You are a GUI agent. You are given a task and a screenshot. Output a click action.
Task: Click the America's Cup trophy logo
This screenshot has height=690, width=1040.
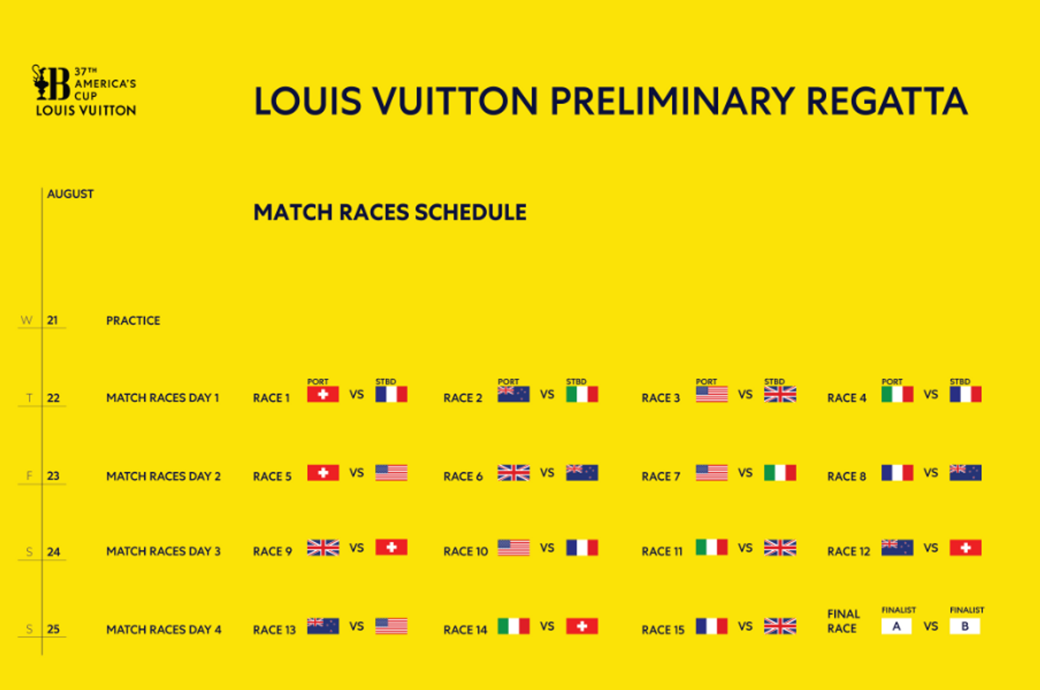point(51,82)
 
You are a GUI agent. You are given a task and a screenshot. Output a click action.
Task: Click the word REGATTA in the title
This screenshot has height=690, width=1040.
point(887,101)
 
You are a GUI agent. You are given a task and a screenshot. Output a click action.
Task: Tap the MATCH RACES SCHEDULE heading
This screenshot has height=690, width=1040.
point(390,212)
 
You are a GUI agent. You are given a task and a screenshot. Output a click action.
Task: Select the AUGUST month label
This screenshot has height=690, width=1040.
point(70,194)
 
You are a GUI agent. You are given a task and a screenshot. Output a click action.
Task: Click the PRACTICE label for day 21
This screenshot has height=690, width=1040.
point(133,320)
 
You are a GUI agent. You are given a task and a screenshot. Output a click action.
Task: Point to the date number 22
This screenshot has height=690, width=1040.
point(53,398)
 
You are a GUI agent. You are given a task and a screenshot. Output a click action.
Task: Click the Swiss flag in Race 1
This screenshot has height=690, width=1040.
point(323,394)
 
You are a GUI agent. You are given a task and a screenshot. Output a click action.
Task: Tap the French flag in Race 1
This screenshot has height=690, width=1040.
point(391,394)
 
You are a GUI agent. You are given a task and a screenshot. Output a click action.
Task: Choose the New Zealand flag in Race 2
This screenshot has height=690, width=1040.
point(513,394)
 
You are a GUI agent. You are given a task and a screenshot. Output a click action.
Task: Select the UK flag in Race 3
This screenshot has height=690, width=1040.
point(780,394)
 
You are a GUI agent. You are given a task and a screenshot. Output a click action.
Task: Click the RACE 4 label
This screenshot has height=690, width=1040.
point(847,398)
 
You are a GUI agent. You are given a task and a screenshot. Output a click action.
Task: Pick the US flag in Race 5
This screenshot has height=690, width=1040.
point(391,473)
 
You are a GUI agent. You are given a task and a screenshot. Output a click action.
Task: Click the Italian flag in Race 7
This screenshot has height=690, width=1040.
point(780,473)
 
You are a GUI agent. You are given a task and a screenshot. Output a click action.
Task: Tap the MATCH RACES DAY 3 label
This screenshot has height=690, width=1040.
point(163,551)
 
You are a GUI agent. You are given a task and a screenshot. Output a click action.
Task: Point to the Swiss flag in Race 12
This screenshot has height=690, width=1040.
point(965,548)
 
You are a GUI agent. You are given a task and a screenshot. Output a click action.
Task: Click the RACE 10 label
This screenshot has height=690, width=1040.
point(465,551)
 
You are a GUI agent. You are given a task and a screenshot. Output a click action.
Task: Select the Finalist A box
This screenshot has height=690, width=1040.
point(896,626)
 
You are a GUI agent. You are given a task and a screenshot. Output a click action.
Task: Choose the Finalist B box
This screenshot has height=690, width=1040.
point(965,626)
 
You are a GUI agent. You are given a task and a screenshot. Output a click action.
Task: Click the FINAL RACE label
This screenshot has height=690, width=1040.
point(843,621)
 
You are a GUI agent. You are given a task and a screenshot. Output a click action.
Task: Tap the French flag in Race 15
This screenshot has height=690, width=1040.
point(711,626)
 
